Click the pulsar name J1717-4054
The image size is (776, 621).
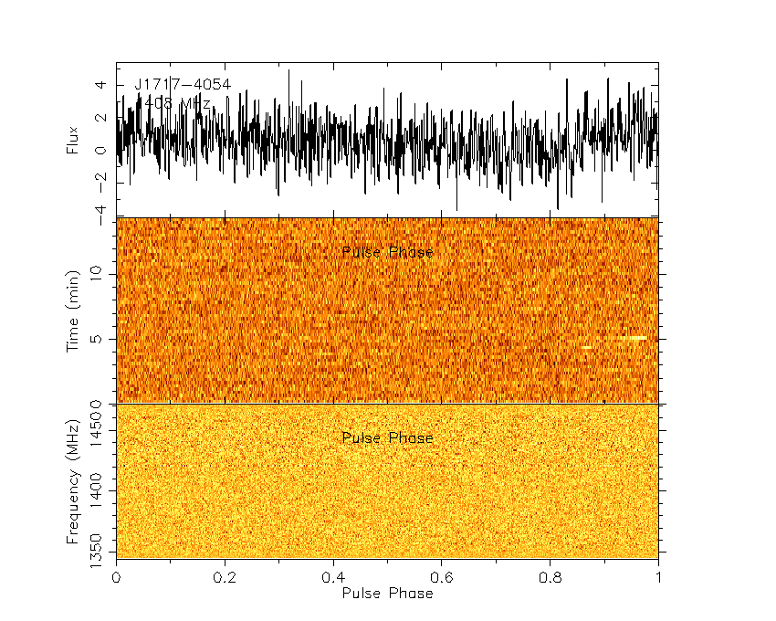(x=183, y=85)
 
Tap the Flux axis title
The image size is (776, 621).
(x=73, y=137)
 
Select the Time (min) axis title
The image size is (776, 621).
(x=73, y=310)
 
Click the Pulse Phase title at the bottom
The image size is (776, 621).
(x=387, y=593)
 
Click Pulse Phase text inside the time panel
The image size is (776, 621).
(x=387, y=252)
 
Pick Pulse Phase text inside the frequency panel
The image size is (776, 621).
(x=387, y=438)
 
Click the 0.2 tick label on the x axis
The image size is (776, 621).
(x=225, y=577)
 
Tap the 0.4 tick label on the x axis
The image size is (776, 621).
(x=333, y=577)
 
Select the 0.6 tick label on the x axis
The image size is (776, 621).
(x=442, y=577)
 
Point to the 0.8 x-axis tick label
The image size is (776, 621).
(x=551, y=577)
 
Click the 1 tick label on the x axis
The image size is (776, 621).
(x=658, y=577)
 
